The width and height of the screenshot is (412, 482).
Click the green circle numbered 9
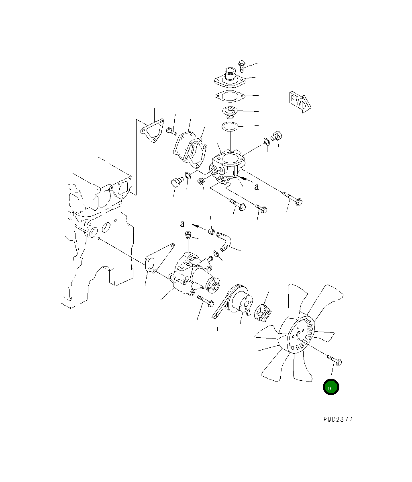[x=330, y=387]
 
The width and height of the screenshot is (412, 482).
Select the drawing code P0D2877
[x=338, y=419]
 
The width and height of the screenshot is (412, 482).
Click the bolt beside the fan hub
[x=335, y=360]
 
